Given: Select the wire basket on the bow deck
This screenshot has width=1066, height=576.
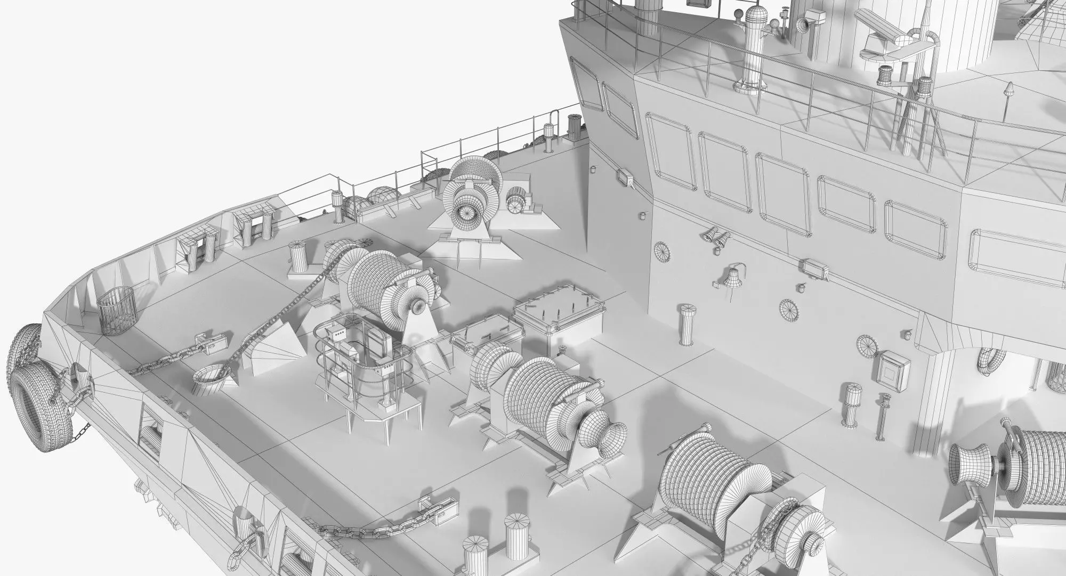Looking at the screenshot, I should pyautogui.click(x=117, y=311).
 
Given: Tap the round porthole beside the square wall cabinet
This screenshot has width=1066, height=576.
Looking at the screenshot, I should pyautogui.click(x=867, y=345).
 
